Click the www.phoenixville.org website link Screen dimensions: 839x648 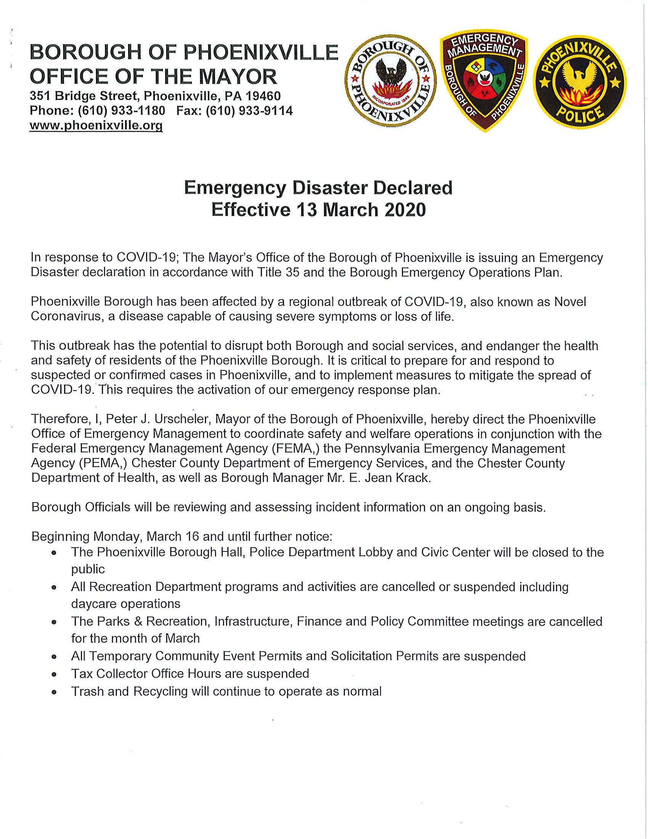tap(96, 125)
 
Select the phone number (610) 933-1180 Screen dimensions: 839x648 tap(121, 111)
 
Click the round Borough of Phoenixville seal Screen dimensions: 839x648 tap(390, 82)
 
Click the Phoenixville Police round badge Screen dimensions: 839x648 tap(580, 82)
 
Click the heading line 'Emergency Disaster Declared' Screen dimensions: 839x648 tap(318, 188)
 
